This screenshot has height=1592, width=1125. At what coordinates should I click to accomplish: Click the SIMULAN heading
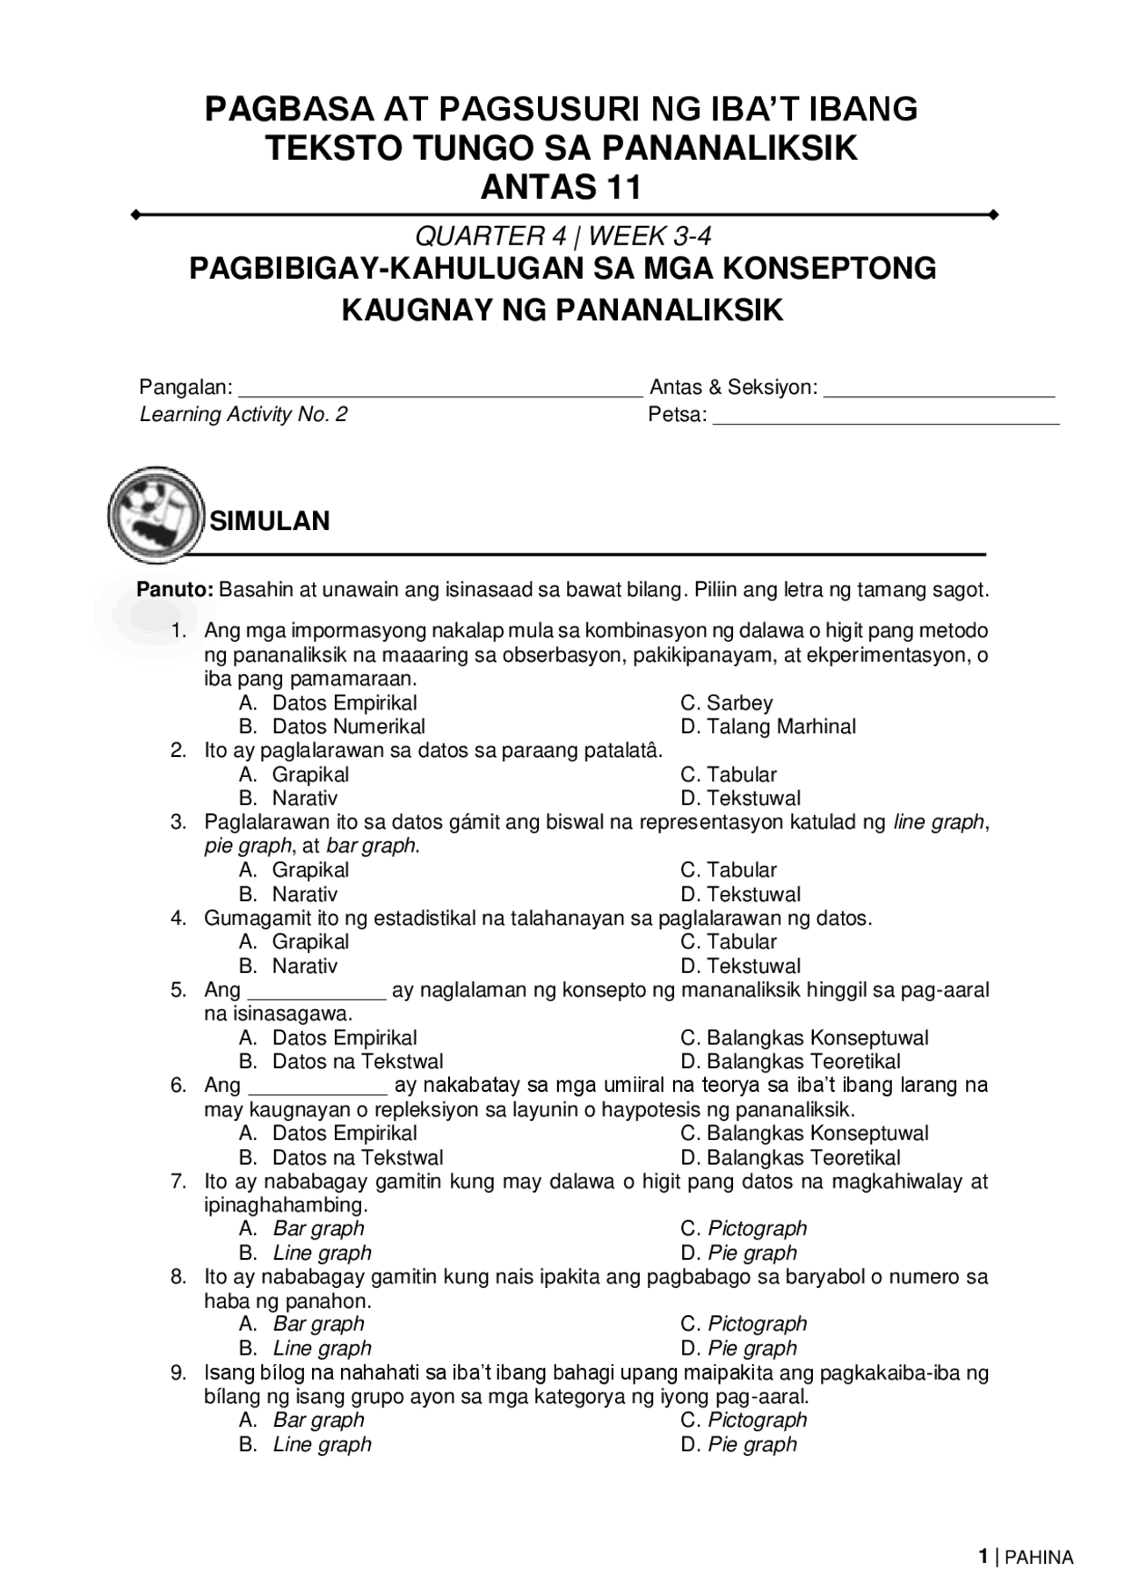point(269,521)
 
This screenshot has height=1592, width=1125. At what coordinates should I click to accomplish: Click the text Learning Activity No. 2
point(243,414)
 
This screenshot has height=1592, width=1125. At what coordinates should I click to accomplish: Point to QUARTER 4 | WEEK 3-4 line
point(562,236)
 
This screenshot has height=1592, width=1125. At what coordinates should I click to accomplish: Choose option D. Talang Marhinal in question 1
point(768,727)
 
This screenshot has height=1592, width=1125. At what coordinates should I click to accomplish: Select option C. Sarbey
point(727,703)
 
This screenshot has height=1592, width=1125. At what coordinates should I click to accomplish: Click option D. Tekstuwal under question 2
point(741,799)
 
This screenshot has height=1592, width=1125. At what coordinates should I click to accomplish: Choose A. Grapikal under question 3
point(294,870)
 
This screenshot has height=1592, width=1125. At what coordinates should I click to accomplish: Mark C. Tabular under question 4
point(729,942)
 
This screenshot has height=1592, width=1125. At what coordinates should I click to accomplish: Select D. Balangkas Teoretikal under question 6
point(790,1158)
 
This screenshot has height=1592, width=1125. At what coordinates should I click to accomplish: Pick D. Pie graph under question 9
point(738,1444)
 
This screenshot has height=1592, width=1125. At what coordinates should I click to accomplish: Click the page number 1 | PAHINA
point(1026,1558)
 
